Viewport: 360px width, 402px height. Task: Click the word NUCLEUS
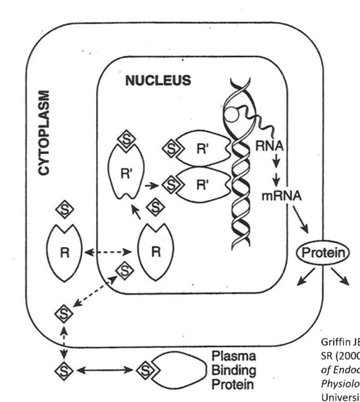point(159,80)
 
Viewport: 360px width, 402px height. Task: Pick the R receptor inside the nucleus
point(154,253)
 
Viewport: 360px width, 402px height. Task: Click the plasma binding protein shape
point(180,370)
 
